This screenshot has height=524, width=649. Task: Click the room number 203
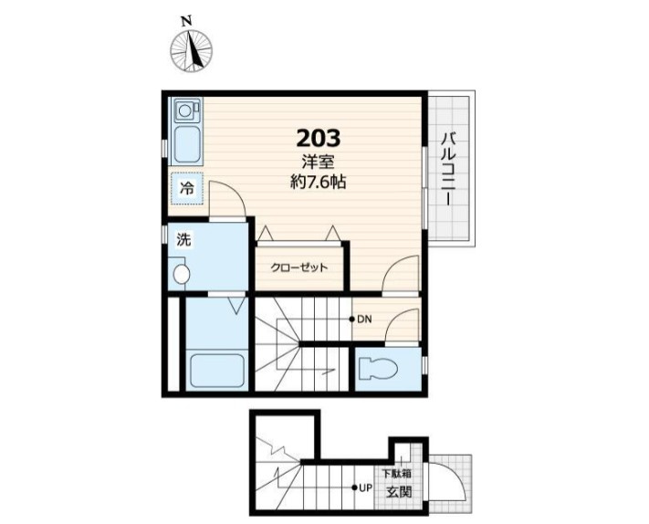[x=319, y=138]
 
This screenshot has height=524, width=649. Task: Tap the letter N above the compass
[x=187, y=21]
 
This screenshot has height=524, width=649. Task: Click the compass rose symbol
[x=191, y=51]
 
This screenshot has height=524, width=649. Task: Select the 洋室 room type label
[x=318, y=162]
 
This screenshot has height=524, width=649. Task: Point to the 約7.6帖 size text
[x=318, y=182]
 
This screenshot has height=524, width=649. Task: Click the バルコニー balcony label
[x=449, y=169]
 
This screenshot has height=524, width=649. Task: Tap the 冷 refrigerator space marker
[x=187, y=189]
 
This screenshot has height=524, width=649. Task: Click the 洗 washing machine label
[x=183, y=240]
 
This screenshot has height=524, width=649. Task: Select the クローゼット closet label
[x=299, y=267]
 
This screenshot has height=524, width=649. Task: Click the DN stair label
[x=364, y=320]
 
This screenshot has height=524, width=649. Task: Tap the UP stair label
[x=366, y=487]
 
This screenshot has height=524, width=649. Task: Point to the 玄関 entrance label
[x=400, y=492]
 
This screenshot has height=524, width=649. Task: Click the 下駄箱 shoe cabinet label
[x=396, y=473]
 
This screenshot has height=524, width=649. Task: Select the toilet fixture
[x=378, y=368]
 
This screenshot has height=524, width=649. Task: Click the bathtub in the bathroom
[x=217, y=371]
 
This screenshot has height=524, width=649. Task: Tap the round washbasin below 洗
[x=182, y=274]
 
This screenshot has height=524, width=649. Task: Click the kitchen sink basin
[x=187, y=145]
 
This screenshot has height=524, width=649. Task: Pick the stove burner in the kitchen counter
[x=184, y=110]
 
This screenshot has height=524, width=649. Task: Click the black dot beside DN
[x=351, y=320]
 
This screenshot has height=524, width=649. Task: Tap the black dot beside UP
[x=354, y=487]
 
